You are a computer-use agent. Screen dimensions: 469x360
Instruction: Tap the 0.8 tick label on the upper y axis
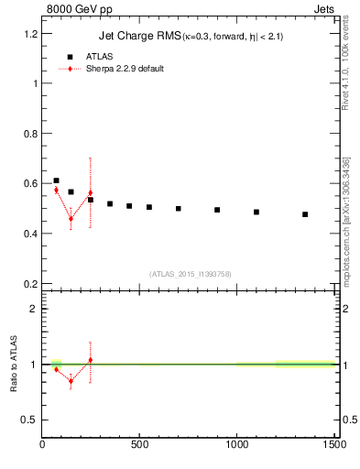pyautogui.click(x=30, y=133)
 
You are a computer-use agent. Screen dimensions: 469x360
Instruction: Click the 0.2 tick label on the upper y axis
pyautogui.click(x=30, y=283)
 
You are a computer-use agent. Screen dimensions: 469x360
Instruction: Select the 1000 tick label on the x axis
pyautogui.click(x=237, y=445)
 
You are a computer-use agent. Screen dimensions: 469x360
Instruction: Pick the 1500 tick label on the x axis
pyautogui.click(x=334, y=445)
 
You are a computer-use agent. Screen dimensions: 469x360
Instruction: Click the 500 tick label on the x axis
pyautogui.click(x=140, y=445)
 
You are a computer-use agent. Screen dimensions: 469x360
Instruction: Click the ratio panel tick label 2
pyautogui.click(x=34, y=309)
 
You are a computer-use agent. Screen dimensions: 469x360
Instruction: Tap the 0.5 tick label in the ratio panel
pyautogui.click(x=30, y=420)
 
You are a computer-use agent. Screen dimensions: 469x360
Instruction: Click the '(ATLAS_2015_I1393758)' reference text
pyautogui.click(x=190, y=273)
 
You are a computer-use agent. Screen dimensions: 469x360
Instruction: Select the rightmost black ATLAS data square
pyautogui.click(x=305, y=214)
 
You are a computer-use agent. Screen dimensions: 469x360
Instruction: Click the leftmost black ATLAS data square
pyautogui.click(x=56, y=180)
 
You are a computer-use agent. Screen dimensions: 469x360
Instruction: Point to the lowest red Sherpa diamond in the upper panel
pyautogui.click(x=71, y=219)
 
